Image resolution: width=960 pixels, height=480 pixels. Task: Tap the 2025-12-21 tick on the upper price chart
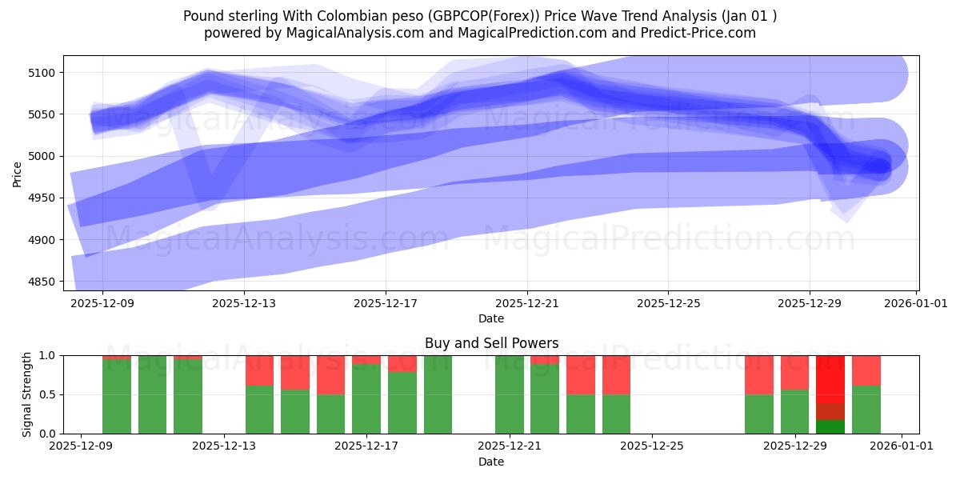(527, 303)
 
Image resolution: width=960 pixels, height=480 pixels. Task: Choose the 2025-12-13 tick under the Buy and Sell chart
(223, 446)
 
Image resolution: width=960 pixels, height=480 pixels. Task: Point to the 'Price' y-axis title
(18, 173)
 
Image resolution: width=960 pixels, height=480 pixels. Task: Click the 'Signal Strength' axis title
(27, 394)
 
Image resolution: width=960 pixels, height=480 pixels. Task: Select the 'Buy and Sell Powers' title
(491, 343)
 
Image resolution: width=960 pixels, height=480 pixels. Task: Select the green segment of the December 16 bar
(331, 414)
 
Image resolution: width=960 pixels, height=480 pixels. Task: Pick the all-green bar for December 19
(438, 394)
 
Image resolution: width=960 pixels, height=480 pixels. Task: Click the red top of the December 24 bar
(616, 374)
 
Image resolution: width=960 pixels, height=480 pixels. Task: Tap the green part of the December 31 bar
(866, 410)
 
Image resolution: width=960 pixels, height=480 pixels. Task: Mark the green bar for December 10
(152, 394)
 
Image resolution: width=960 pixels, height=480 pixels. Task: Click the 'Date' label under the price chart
(491, 318)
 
